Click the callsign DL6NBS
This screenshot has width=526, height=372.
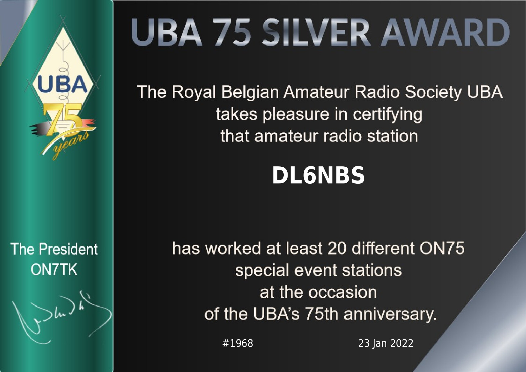[318, 175]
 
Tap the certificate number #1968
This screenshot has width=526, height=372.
[238, 343]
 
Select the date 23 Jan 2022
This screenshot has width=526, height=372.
[386, 343]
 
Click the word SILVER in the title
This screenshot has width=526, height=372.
[316, 33]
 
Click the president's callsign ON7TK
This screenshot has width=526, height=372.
[54, 269]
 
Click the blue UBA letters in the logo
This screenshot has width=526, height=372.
[62, 84]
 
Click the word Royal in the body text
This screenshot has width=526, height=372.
[194, 92]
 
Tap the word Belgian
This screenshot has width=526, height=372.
[250, 92]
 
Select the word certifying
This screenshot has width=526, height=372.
[387, 115]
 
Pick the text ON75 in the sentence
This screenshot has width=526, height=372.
[442, 248]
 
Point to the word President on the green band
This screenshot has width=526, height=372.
[68, 249]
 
